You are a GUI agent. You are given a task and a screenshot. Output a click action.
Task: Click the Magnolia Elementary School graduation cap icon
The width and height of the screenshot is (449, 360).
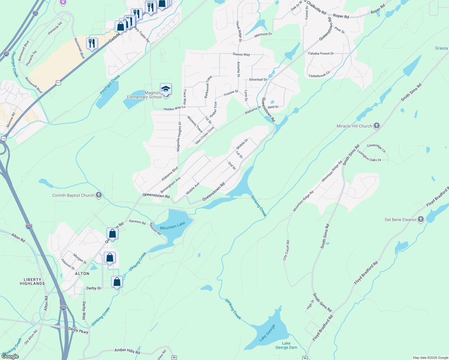point(166,89)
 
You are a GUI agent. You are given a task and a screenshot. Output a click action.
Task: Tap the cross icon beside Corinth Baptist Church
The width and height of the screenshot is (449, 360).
point(98,195)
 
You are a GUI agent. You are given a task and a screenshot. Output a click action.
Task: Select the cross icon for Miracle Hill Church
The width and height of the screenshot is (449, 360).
point(377,126)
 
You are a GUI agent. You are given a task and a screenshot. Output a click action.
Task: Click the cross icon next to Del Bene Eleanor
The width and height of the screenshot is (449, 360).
point(421,220)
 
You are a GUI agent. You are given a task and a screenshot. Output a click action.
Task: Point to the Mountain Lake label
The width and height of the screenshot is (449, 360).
point(173,226)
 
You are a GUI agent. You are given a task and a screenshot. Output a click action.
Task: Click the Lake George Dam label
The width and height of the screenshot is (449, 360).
point(286,345)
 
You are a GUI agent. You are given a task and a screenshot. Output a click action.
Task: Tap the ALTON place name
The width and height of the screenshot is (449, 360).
point(82,274)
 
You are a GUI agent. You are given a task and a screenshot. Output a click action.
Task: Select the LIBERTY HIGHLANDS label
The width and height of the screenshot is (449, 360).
point(32,281)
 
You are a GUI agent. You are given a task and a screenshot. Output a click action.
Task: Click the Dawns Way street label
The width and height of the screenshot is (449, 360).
point(241,54)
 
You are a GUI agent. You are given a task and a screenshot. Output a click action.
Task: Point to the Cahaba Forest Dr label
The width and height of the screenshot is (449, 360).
point(321,53)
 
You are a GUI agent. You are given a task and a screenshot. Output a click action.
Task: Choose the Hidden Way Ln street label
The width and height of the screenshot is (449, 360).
point(174,108)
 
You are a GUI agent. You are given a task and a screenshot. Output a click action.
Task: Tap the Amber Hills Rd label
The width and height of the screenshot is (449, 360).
point(127,351)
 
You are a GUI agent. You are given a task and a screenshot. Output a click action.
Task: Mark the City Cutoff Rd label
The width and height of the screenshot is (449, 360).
point(286,250)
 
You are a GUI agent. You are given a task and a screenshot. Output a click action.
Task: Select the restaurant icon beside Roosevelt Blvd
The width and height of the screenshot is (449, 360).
point(92,43)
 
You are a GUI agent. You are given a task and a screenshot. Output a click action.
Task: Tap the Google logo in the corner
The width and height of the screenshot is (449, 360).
point(10,356)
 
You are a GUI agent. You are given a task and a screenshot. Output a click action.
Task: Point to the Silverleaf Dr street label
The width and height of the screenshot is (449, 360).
point(258,79)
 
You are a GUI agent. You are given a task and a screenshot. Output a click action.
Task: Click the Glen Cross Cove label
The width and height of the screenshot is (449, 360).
point(205,135)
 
